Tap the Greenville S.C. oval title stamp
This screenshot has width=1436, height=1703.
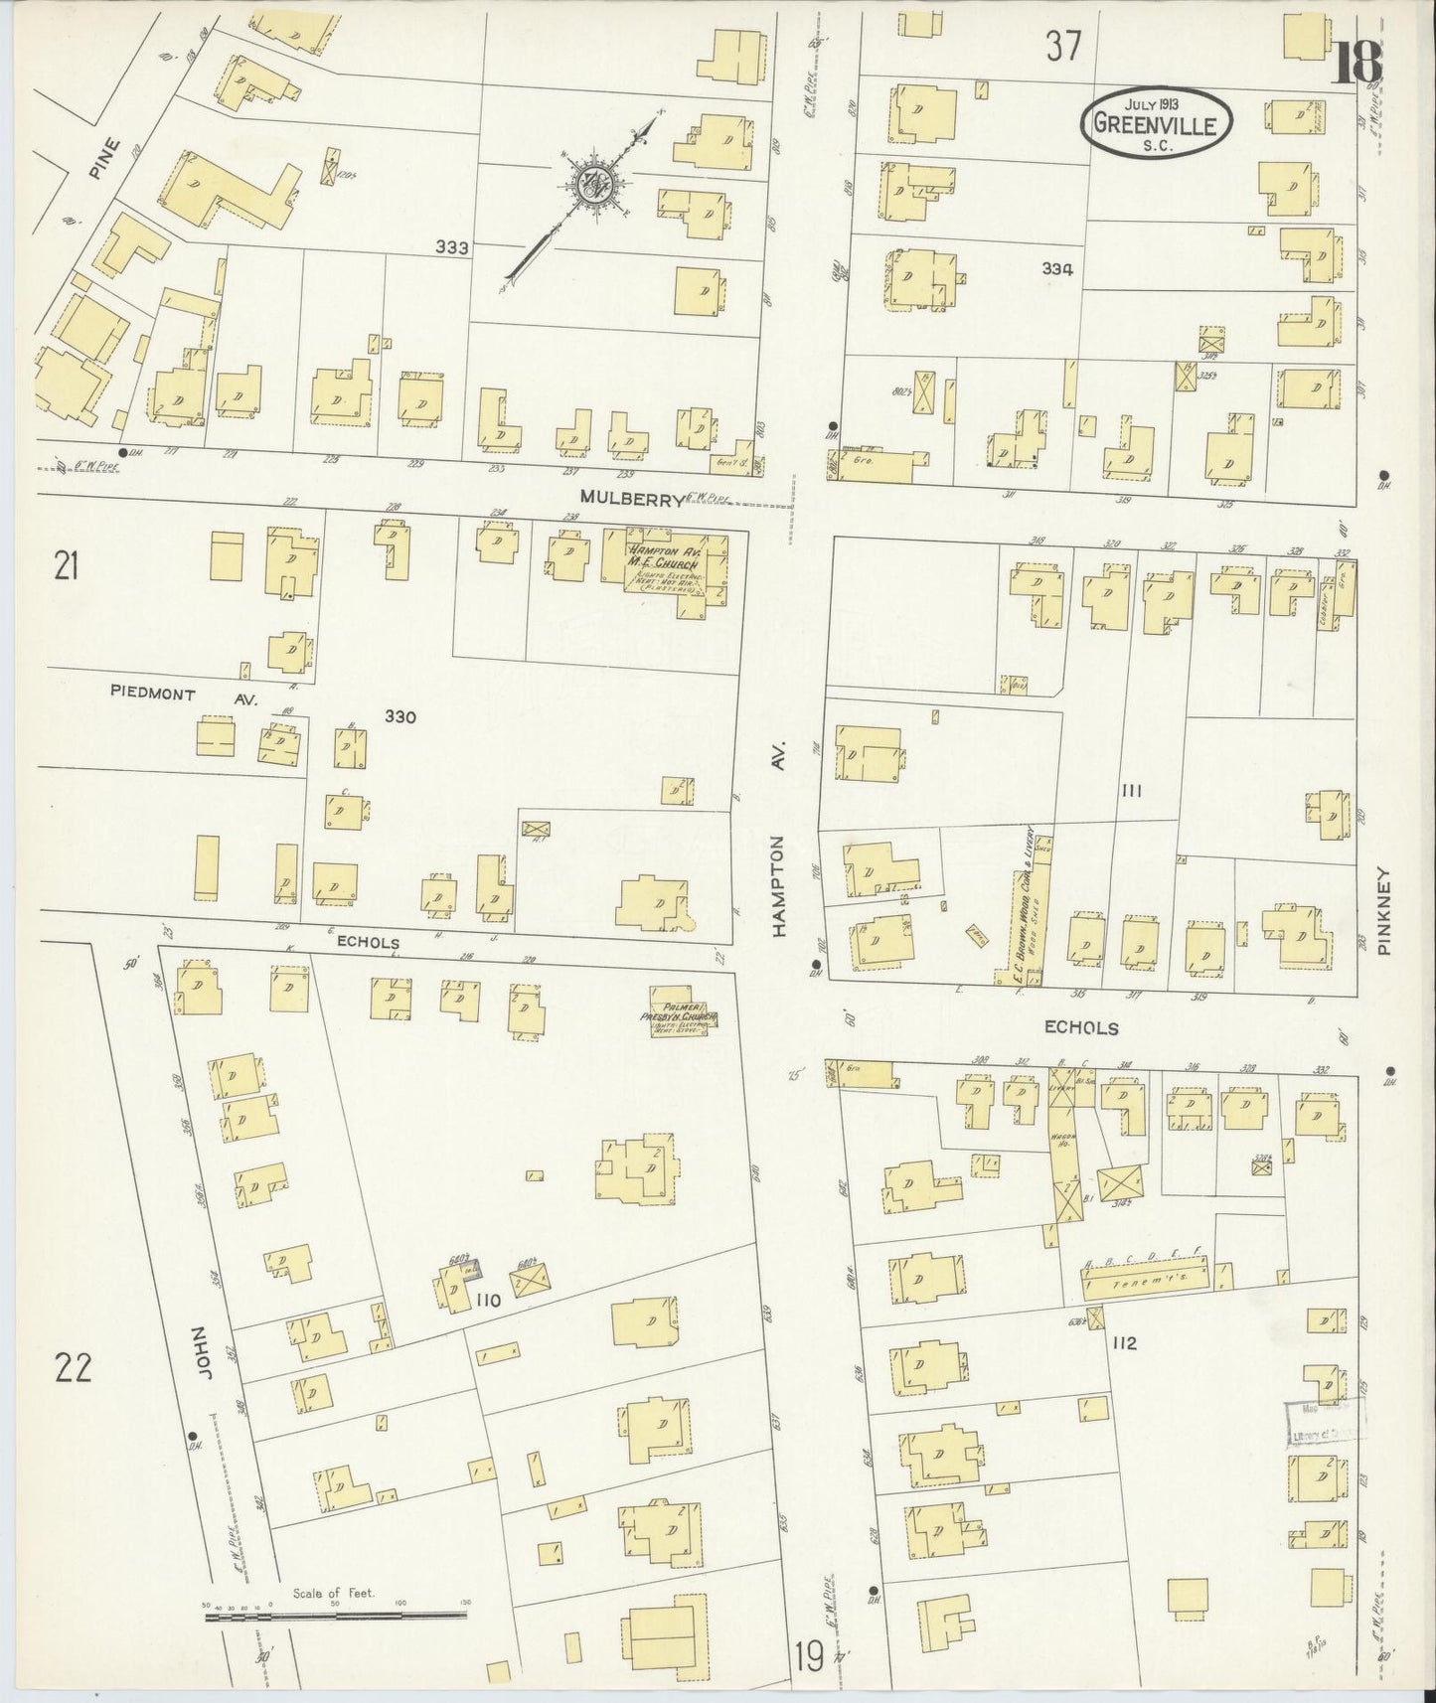1157,122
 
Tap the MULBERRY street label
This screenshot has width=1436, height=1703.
633,500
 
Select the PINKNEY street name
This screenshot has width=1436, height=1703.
1386,913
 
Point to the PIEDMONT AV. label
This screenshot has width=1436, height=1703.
185,697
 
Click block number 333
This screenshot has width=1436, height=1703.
451,247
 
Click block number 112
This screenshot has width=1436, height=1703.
1124,1344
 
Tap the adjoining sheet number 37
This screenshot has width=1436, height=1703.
1062,46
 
